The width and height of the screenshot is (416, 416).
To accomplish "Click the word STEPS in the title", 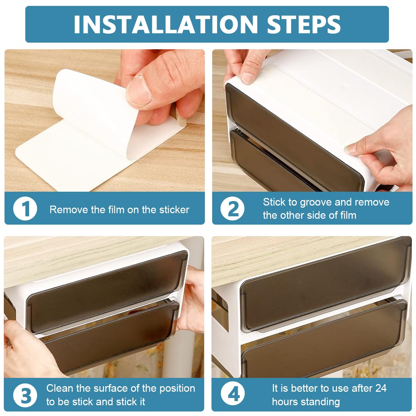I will pyautogui.click(x=304, y=24).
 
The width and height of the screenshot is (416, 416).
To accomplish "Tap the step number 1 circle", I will pyautogui.click(x=25, y=209).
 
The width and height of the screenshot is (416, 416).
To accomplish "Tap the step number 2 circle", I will pyautogui.click(x=233, y=209).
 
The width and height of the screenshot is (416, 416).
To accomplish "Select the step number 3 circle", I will pyautogui.click(x=25, y=395).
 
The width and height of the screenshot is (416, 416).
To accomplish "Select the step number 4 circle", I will pyautogui.click(x=233, y=395).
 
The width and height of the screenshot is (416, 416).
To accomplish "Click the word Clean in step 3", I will pyautogui.click(x=60, y=388).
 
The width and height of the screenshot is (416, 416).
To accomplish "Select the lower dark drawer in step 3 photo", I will pyautogui.click(x=107, y=336).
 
